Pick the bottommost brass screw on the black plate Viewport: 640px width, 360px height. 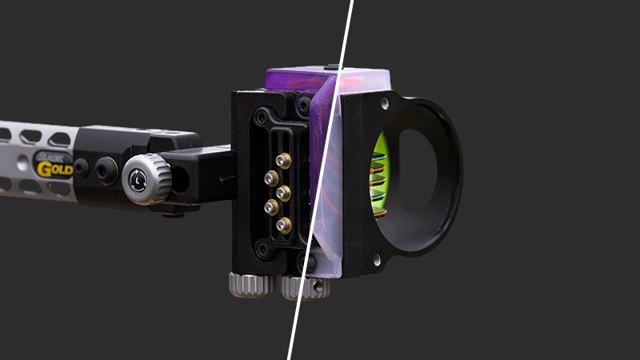tap(284, 225)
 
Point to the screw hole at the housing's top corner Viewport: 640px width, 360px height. tap(386, 103)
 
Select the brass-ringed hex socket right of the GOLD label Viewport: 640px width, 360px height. tap(105, 169)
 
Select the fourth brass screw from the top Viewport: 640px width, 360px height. tap(271, 208)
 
